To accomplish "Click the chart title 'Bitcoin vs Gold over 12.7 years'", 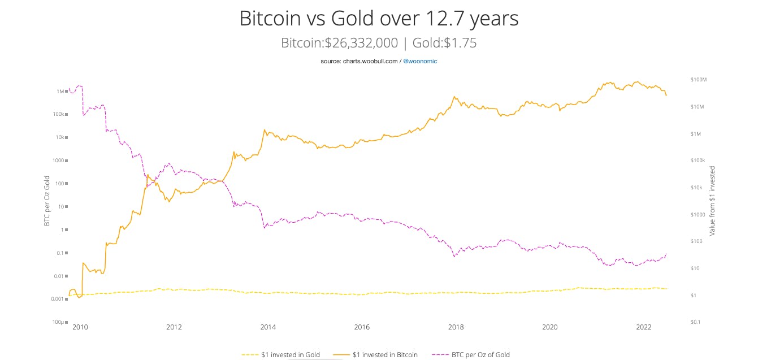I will [379, 19].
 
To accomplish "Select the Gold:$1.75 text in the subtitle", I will [444, 43].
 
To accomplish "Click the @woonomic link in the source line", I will [419, 60].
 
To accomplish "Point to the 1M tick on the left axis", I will [60, 91].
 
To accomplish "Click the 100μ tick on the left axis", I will [58, 322].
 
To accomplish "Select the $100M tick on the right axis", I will [699, 80].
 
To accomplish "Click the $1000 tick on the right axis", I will [698, 214].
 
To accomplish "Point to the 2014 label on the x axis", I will [268, 327].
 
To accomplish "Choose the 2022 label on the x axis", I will [644, 327].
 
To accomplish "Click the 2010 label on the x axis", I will [80, 327].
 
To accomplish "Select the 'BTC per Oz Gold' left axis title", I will [47, 201].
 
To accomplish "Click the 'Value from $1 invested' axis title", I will [712, 201].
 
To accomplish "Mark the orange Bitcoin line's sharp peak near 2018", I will [455, 97].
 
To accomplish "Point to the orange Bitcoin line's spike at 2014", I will [265, 130].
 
